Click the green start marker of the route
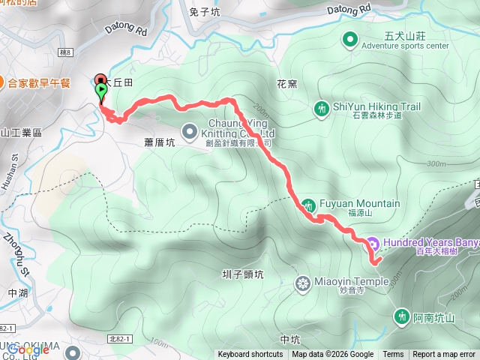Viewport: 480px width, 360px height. coord(101,91)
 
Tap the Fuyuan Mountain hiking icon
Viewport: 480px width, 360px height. coord(309,205)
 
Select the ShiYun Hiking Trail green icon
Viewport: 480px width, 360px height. coord(321,109)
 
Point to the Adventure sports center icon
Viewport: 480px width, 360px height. coord(350,39)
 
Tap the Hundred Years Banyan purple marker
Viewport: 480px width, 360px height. coord(372,243)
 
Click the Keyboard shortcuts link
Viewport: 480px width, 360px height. coord(250,355)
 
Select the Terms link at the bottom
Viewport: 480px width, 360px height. coord(393,355)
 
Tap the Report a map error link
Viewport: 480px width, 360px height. coord(444,355)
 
